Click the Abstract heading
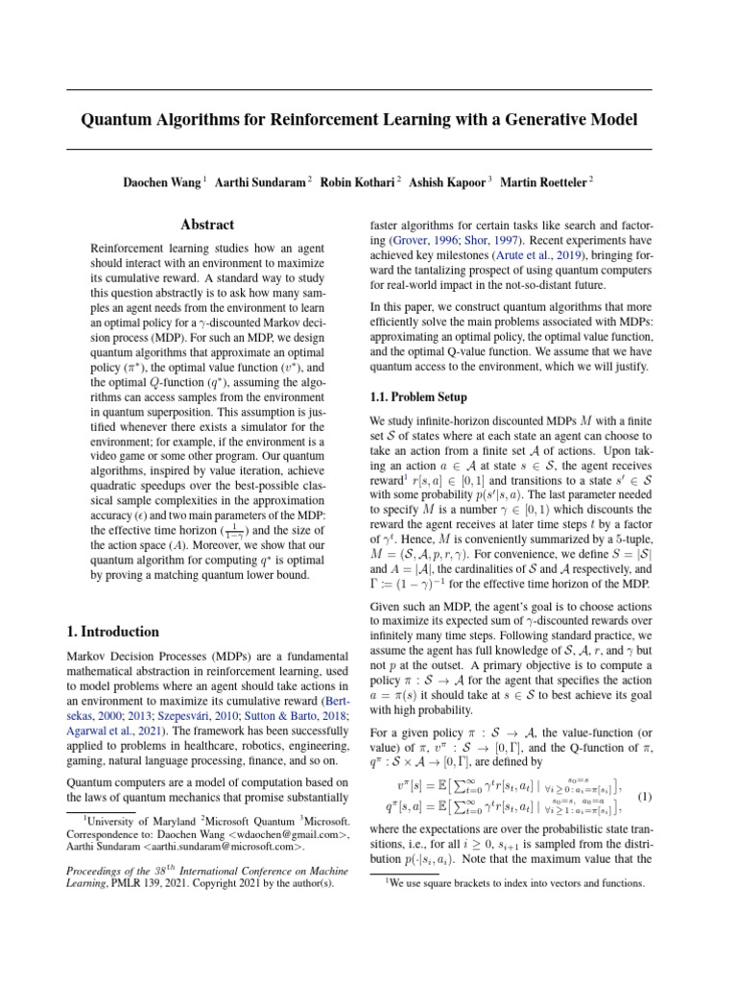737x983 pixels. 208,225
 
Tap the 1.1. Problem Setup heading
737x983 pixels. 418,396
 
